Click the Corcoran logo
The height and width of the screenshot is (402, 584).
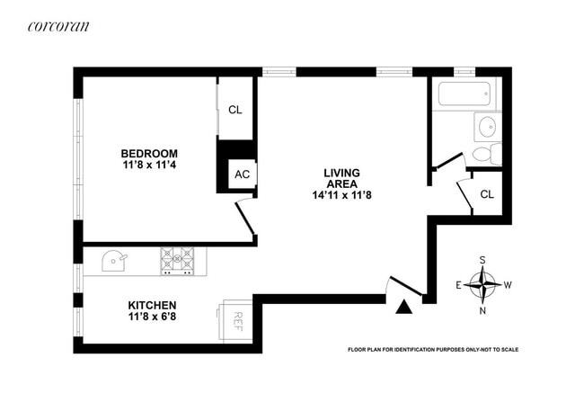coord(58,26)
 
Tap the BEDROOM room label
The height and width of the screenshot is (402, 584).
coord(149,153)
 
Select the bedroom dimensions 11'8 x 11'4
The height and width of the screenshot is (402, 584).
coord(149,165)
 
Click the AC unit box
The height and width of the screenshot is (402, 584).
coord(242,174)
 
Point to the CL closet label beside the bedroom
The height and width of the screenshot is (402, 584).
coord(235,110)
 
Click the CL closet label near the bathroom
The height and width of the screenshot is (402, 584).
coord(487,194)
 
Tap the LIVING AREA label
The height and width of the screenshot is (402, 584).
coord(342,178)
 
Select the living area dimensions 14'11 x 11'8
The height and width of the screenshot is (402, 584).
coord(342,195)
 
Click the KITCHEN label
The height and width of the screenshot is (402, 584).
coord(152,305)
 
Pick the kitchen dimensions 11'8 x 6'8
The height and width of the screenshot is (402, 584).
coord(152,317)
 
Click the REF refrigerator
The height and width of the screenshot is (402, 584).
coord(235,321)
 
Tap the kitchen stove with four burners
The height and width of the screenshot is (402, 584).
coord(177,262)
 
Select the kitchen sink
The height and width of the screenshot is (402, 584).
coord(113,261)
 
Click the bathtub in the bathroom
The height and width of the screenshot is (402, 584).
coord(465,94)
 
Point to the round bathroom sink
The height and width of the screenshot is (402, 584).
coord(488,127)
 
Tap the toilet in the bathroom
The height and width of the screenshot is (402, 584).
coord(487,154)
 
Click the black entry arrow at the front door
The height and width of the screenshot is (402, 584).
coord(403,307)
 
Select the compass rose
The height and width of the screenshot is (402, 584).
coord(482,285)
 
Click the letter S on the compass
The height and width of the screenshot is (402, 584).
coord(482,260)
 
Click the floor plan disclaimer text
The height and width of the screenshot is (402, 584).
coord(433,350)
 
